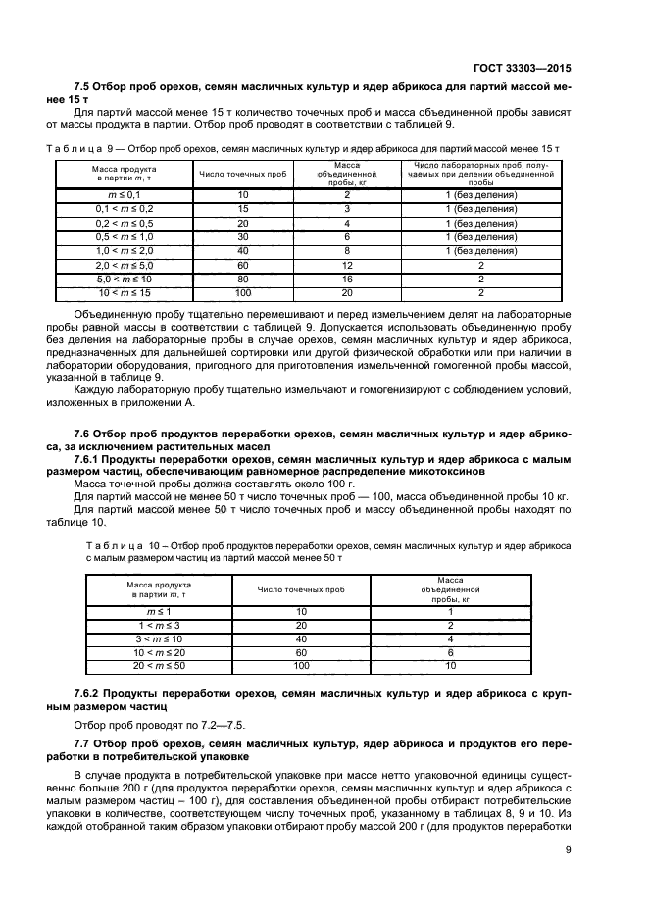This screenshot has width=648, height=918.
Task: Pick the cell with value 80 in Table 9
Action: pyautogui.click(x=243, y=279)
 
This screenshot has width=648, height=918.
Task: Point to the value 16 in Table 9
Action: pyautogui.click(x=346, y=279)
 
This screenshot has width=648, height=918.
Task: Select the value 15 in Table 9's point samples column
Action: pyautogui.click(x=243, y=209)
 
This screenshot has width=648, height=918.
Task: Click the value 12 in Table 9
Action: pyautogui.click(x=346, y=265)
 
